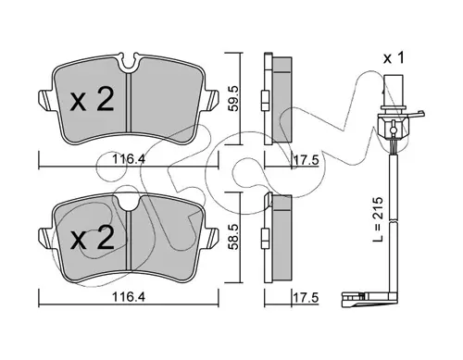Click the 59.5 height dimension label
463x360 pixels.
click(233, 98)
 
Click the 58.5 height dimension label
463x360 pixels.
click(233, 237)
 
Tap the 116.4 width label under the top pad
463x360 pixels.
click(129, 159)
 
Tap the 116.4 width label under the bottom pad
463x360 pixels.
click(129, 297)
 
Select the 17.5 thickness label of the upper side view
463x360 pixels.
click(306, 160)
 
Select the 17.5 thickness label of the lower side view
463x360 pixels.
click(306, 298)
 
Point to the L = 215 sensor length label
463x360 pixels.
click(378, 219)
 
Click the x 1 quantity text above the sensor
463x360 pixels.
click(394, 58)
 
